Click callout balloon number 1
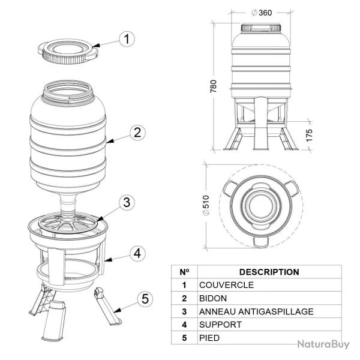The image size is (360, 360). [126, 40]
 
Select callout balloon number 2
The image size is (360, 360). [137, 133]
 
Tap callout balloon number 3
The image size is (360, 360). [125, 202]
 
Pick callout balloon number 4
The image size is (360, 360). [137, 253]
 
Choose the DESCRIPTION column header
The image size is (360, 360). [269, 272]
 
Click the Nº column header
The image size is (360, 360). [184, 272]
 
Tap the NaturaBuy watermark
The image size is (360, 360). [323, 344]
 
